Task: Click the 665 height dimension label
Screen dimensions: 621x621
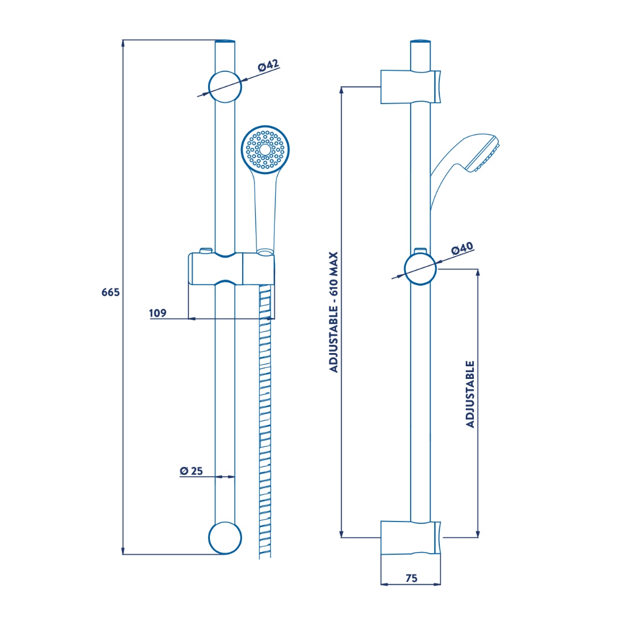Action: pos(110,292)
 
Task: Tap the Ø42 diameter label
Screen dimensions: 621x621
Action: pos(269,66)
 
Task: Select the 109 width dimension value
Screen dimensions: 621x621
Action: pos(158,313)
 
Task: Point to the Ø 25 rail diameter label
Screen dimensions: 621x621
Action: pos(191,471)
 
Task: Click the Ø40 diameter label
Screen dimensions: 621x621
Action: pos(462,249)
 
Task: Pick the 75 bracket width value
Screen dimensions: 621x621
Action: pos(412,578)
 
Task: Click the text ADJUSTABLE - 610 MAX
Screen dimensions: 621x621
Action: pos(334,312)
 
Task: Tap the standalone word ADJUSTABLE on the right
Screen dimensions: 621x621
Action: pos(470,394)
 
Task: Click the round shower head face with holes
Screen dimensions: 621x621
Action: pos(265,149)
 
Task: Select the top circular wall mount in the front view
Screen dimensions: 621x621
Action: pos(225,87)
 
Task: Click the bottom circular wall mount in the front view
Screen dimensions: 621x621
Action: pos(225,538)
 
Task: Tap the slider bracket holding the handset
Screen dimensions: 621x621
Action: pos(231,268)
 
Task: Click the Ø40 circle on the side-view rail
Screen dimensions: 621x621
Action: pos(420,269)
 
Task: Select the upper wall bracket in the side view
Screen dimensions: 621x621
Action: pos(411,87)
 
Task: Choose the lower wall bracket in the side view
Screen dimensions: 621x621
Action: pos(411,538)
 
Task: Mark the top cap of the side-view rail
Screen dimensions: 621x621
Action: pos(420,41)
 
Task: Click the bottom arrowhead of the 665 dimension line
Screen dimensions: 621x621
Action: pos(123,551)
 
